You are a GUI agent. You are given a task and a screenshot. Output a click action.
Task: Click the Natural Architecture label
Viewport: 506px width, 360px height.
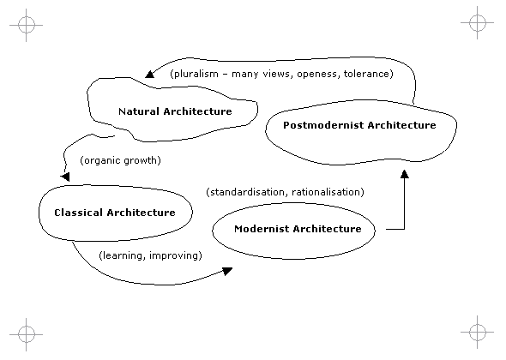coord(175,111)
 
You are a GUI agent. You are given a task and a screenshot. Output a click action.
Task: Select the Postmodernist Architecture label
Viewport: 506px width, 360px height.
coord(359,125)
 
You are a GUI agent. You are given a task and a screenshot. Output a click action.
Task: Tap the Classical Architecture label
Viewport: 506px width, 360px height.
coord(115,213)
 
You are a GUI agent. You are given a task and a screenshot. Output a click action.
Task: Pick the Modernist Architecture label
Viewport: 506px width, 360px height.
coord(298,229)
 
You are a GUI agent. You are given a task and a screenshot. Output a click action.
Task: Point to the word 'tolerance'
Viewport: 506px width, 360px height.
coord(367,74)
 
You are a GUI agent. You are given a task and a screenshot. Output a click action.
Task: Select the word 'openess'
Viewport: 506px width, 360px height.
coord(317,75)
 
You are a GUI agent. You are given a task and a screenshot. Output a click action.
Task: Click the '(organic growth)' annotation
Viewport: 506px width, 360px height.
coord(120,160)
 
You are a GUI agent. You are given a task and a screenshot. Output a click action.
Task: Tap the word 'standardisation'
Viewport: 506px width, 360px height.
coord(247,192)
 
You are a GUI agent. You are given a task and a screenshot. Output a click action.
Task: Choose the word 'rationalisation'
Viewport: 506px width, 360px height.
coord(326,192)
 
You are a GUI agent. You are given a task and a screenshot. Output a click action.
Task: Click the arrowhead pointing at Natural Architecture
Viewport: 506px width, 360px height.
coord(150,75)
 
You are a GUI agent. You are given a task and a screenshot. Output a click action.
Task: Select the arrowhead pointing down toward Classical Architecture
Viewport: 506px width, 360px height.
coord(65,177)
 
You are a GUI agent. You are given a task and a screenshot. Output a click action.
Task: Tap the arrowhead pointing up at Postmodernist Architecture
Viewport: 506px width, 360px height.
coord(404,174)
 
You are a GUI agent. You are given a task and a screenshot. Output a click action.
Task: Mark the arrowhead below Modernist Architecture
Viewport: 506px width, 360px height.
coord(227,271)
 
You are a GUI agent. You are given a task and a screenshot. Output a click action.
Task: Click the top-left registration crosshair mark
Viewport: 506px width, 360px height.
coord(26,25)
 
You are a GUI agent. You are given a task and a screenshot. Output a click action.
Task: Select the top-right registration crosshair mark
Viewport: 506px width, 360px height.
coord(478,22)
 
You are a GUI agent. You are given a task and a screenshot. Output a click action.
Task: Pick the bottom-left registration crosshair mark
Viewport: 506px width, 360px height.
coord(26,334)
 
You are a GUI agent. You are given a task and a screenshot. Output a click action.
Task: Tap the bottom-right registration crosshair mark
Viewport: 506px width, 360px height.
coord(478,332)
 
